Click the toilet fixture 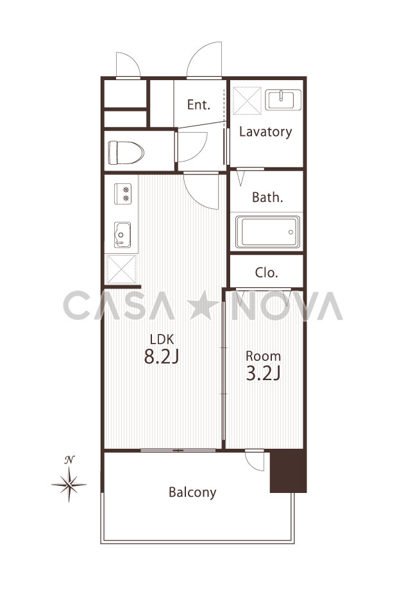pos(126,153)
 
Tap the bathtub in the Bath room pos(267,232)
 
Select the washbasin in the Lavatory pos(283,100)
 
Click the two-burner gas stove pos(122,194)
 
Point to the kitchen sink pos(122,235)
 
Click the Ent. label pos(199,104)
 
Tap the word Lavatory pos(265,131)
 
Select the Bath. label pos(267,197)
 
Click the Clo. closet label pos(267,272)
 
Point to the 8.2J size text pos(161,356)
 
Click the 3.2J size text pos(264,373)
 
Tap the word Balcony pos(192,492)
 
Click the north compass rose pos(69,481)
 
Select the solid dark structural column pos(288,471)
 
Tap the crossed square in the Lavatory pos(247,101)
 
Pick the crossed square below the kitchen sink pos(121,269)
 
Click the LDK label pos(162,339)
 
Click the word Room pos(263,356)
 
